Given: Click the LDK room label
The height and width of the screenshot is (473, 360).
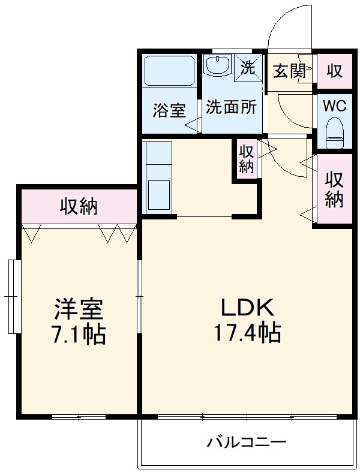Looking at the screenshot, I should pos(247,308).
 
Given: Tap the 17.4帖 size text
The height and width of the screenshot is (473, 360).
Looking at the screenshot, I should pos(247,332).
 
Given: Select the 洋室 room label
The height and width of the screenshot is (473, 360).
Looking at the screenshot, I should pos(79,309).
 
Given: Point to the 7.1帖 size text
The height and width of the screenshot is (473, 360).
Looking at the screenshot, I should pos(79,335).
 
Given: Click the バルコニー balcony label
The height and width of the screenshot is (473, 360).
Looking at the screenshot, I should pos(247,443).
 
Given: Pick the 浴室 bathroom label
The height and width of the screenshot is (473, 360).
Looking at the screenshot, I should pos(169,110).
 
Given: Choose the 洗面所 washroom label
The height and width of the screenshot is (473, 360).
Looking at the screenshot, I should pos(232,107).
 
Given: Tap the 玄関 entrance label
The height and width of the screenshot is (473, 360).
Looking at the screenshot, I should pos(289,71).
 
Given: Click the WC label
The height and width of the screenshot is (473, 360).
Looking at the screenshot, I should pos(334,106).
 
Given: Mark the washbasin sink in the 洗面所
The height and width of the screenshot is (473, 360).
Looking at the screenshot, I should pos(217,64).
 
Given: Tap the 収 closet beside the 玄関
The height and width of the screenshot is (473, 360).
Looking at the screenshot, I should pos(334,71).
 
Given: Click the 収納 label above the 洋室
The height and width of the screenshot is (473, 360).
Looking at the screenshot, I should pos(79,207).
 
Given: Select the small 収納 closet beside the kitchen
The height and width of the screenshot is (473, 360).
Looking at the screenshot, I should pos(247,158).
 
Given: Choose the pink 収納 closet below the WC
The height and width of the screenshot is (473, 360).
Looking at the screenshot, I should pos(334,189).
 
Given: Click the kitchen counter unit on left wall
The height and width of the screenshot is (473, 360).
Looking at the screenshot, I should pos(158,176).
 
